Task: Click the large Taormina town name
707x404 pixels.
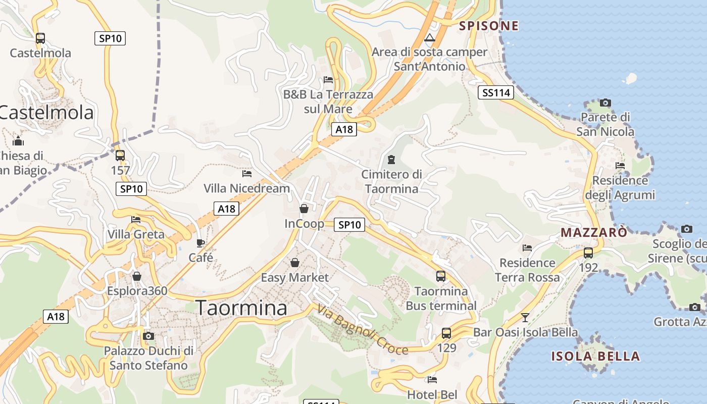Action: pyautogui.click(x=241, y=308)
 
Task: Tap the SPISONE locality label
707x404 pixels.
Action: pyautogui.click(x=489, y=26)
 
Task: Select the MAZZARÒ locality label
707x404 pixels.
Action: pyautogui.click(x=594, y=232)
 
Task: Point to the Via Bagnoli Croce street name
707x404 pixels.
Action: pyautogui.click(x=363, y=331)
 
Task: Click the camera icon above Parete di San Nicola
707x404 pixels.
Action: pyautogui.click(x=605, y=103)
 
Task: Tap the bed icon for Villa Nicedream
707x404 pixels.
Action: pyautogui.click(x=246, y=174)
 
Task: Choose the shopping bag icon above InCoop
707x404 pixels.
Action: pyautogui.click(x=304, y=209)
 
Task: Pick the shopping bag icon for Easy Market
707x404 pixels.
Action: pyautogui.click(x=295, y=263)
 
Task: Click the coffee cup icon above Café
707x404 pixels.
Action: pyautogui.click(x=200, y=243)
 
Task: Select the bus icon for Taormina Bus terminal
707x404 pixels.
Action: pyautogui.click(x=441, y=276)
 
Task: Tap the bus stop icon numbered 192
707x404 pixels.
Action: pyautogui.click(x=588, y=253)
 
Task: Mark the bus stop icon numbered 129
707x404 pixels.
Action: pyautogui.click(x=446, y=333)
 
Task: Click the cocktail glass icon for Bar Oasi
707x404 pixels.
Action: pyautogui.click(x=525, y=318)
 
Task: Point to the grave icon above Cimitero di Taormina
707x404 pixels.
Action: pyautogui.click(x=391, y=160)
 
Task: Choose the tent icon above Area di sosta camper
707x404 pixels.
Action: pyautogui.click(x=429, y=37)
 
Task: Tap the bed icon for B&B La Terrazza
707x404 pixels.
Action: pyautogui.click(x=328, y=80)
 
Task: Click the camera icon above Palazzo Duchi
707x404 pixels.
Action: pyautogui.click(x=148, y=336)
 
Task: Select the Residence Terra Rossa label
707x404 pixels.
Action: pyautogui.click(x=527, y=270)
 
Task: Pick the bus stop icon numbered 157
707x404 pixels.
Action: pyautogui.click(x=120, y=156)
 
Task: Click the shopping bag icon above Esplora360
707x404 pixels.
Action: pyautogui.click(x=137, y=276)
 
